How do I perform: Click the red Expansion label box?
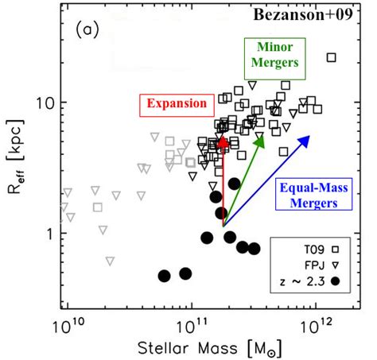[177, 106]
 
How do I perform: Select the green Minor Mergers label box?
[275, 59]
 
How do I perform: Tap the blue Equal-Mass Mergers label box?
[313, 194]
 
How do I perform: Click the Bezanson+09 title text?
[303, 14]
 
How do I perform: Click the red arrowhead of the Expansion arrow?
[223, 141]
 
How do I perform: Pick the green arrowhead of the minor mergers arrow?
[260, 142]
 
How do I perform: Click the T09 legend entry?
[321, 250]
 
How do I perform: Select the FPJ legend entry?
[322, 265]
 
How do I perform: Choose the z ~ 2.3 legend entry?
[309, 281]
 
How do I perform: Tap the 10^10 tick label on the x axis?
[68, 327]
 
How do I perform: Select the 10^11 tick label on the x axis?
[192, 327]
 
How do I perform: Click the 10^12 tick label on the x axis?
[316, 327]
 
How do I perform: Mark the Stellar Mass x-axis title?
[210, 348]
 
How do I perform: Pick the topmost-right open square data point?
[332, 57]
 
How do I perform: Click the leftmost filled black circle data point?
[164, 276]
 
